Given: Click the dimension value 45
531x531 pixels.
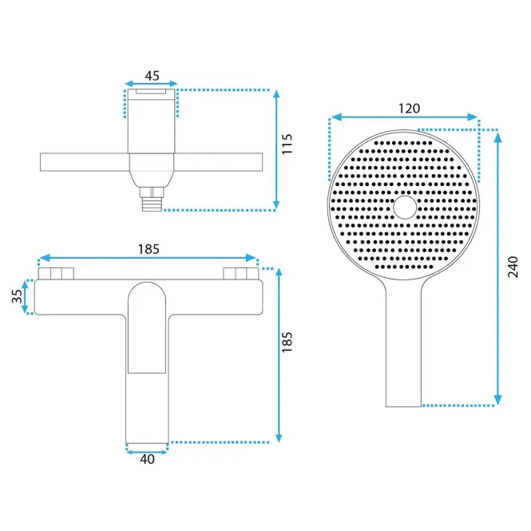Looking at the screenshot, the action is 152,76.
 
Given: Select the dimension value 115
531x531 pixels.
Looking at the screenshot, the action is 287,145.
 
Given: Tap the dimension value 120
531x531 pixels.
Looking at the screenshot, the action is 409,109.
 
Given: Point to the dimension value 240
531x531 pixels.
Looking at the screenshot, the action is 513,267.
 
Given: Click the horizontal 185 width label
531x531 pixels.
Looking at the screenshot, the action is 149,249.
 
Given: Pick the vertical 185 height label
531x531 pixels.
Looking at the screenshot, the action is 287,342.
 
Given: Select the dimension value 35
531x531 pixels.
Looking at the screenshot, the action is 17,296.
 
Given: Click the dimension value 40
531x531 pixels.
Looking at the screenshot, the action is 147,459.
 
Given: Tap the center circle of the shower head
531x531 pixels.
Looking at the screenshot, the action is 405,207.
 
